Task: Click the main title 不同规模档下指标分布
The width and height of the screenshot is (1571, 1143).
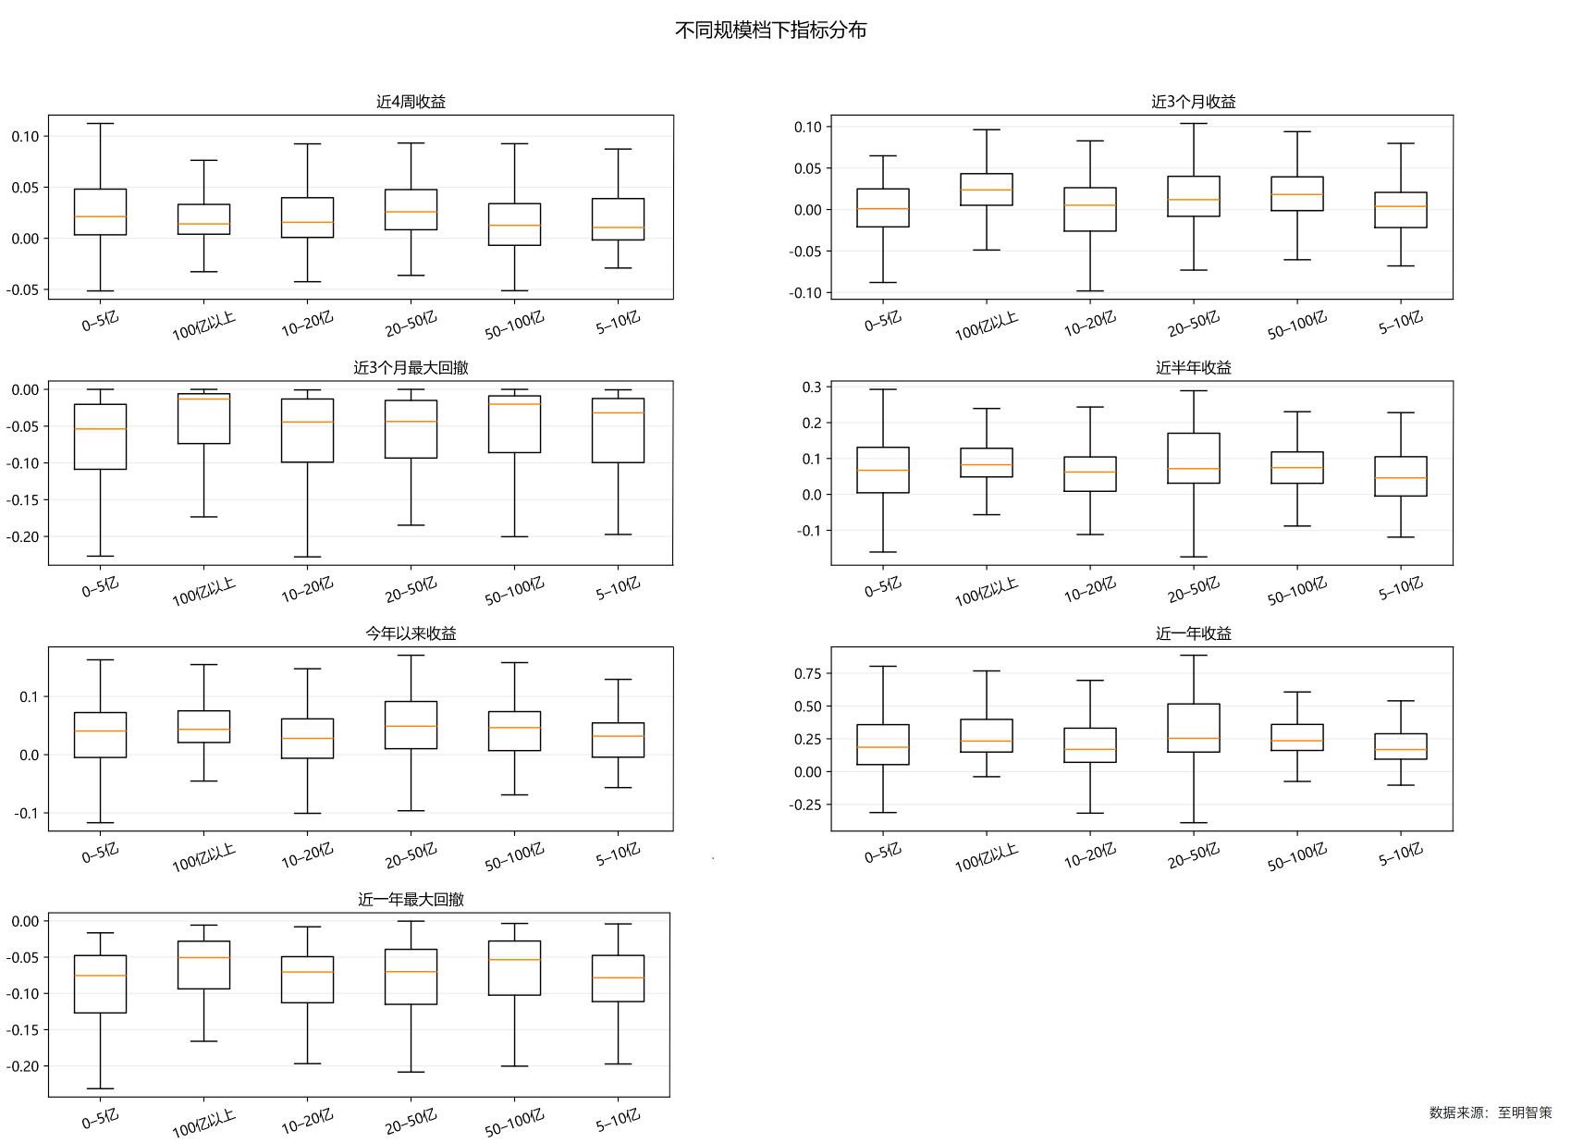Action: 770,31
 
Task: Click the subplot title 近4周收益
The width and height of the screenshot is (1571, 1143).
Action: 411,102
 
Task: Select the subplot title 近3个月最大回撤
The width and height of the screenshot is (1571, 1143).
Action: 411,368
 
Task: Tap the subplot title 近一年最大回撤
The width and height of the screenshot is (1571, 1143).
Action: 411,900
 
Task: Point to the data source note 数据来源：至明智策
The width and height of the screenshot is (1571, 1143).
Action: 1490,1112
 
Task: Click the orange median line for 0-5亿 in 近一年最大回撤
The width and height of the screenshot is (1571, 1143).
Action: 100,976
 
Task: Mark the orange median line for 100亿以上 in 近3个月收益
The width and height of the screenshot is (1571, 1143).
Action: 986,190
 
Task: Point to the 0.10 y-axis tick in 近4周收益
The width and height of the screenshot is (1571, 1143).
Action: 26,137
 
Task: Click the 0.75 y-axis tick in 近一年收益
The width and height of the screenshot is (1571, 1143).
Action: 807,673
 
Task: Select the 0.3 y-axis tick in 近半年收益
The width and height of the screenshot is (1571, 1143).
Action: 812,387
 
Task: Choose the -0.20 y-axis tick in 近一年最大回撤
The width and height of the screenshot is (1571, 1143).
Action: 24,1066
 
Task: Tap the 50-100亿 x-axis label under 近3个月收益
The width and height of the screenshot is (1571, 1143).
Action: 1297,325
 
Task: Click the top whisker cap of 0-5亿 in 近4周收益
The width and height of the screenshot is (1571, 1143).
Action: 100,124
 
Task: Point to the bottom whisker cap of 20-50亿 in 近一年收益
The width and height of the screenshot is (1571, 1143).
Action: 1193,822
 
